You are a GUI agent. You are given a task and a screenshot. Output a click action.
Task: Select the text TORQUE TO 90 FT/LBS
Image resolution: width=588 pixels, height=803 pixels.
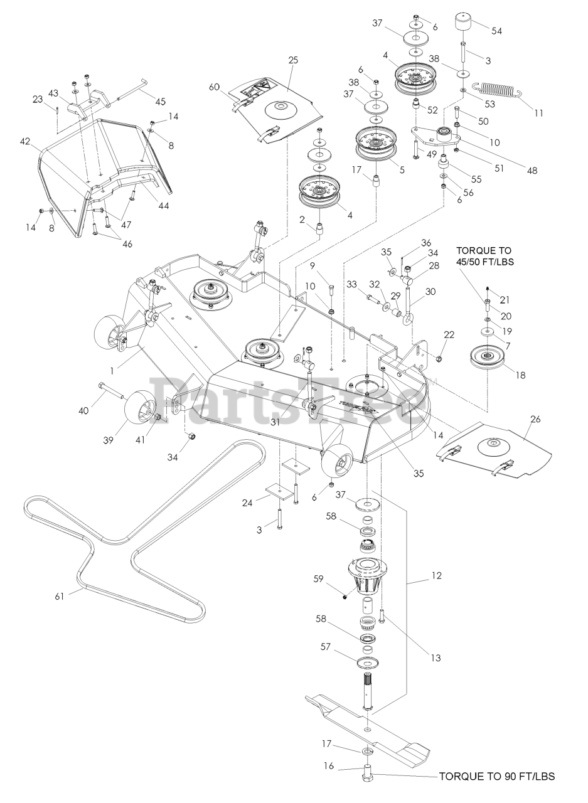point(496,777)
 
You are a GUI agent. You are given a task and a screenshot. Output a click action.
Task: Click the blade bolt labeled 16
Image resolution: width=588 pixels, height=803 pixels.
point(367,774)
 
